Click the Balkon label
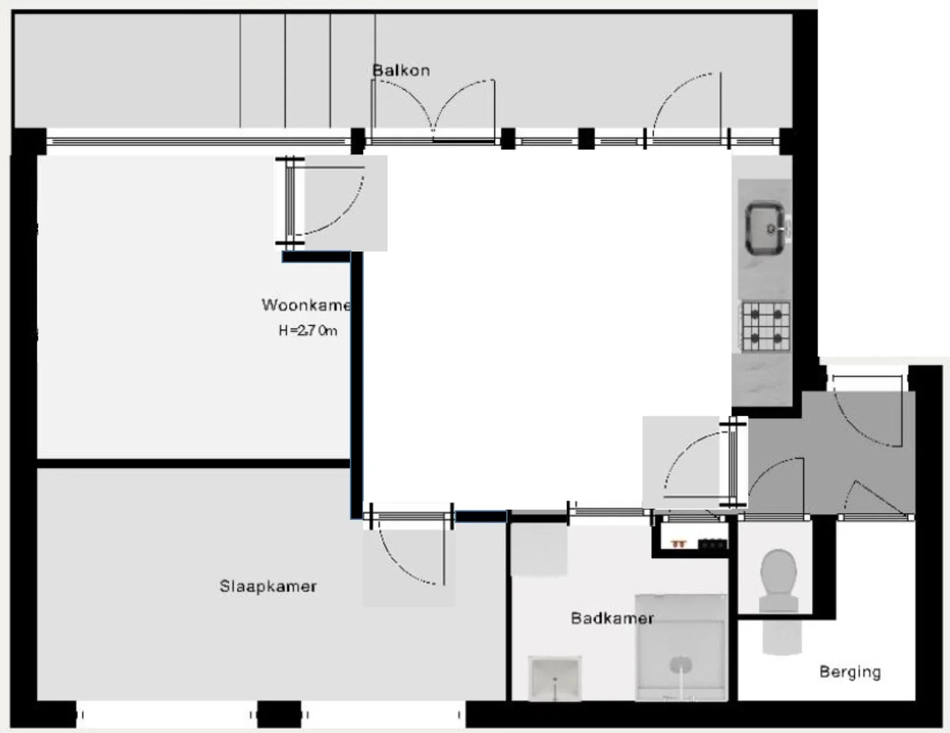pyautogui.click(x=401, y=71)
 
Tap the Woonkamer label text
pyautogui.click(x=306, y=305)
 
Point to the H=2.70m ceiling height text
pyautogui.click(x=308, y=331)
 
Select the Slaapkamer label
pyautogui.click(x=268, y=586)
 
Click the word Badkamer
pyautogui.click(x=612, y=618)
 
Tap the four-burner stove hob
pyautogui.click(x=765, y=326)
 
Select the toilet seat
pyautogui.click(x=779, y=573)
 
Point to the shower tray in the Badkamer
pyautogui.click(x=681, y=647)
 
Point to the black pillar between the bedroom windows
pyautogui.click(x=279, y=714)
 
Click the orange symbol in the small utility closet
pyautogui.click(x=678, y=544)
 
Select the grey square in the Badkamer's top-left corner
pyautogui.click(x=538, y=550)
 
